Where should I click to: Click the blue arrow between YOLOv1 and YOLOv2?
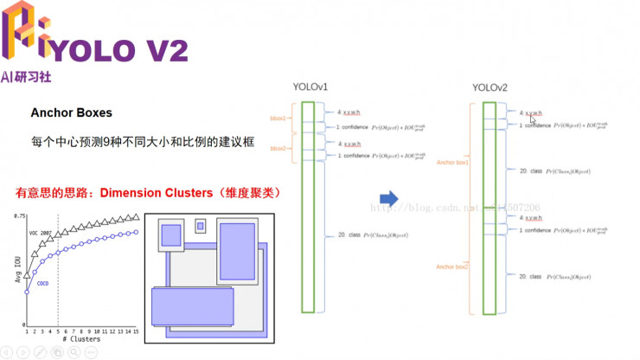coord(388,199)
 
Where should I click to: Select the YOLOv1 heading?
coord(310,87)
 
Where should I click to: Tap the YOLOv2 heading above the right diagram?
coord(490,87)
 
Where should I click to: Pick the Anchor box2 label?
coord(452,267)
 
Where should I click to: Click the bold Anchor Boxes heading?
coord(71,113)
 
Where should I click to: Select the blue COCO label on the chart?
coord(42,283)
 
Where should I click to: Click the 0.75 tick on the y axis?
coord(18,215)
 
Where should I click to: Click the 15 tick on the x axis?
coord(136,331)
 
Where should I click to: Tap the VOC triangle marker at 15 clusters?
coord(136,217)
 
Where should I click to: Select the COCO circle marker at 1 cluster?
coord(27,292)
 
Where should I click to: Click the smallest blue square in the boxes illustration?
coord(201,226)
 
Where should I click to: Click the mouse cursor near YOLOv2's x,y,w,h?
coord(532,120)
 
